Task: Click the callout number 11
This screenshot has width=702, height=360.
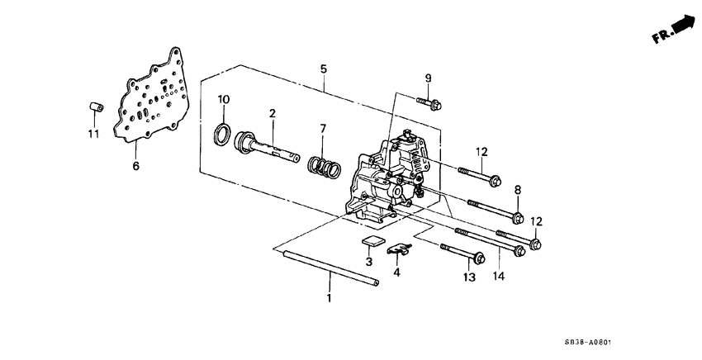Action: coord(93,133)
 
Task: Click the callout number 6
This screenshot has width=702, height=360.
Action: coord(137,166)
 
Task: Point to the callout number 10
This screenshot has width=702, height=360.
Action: coord(223,100)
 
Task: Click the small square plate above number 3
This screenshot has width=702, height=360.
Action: coord(374,242)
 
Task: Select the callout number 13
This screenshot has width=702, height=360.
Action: coord(470,278)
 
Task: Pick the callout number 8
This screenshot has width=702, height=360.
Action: coord(518,190)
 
